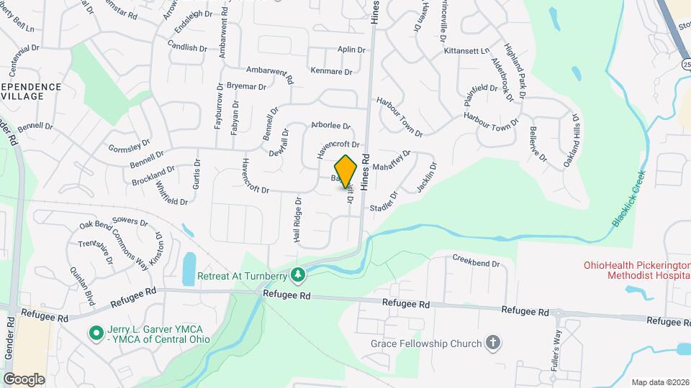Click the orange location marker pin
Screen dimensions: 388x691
[x=346, y=171]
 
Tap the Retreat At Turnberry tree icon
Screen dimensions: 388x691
[x=298, y=274]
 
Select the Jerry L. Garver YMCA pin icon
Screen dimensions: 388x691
[x=95, y=332]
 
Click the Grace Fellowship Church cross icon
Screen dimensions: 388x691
[x=493, y=343]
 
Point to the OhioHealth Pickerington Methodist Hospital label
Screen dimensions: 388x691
[x=636, y=271]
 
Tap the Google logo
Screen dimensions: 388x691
[x=23, y=379]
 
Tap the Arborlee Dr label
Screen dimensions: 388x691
[x=330, y=125]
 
